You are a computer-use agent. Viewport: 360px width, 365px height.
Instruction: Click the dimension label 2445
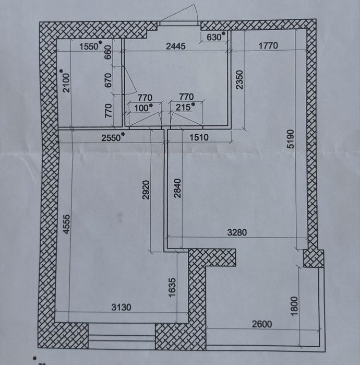[176, 46]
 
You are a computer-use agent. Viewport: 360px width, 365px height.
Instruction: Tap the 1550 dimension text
[89, 46]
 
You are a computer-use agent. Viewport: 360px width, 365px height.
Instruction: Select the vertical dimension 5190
[291, 139]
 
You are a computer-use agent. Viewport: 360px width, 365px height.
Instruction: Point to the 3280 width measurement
[237, 232]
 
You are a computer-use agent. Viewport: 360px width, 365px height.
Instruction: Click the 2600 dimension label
[262, 324]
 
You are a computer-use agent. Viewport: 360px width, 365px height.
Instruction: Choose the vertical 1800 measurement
[294, 306]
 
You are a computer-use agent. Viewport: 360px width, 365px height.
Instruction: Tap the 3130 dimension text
[122, 307]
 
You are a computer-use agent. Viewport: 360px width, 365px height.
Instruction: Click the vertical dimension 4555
[66, 224]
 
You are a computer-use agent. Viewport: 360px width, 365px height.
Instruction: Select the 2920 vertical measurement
[146, 190]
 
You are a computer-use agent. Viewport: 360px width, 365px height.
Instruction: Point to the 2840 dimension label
[177, 188]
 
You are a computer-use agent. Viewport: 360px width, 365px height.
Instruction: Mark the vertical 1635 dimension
[172, 288]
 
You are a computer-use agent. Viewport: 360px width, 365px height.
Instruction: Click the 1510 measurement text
[199, 137]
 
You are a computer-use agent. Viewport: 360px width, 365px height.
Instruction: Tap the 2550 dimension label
[111, 138]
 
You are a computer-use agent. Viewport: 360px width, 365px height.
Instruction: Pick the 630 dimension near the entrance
[214, 37]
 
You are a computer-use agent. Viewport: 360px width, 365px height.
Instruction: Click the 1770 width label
[268, 45]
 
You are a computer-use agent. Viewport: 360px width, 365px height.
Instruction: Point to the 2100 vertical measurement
[66, 83]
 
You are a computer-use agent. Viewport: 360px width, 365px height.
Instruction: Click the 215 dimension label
[183, 108]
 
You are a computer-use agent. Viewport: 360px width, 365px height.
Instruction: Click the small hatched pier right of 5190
[314, 258]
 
